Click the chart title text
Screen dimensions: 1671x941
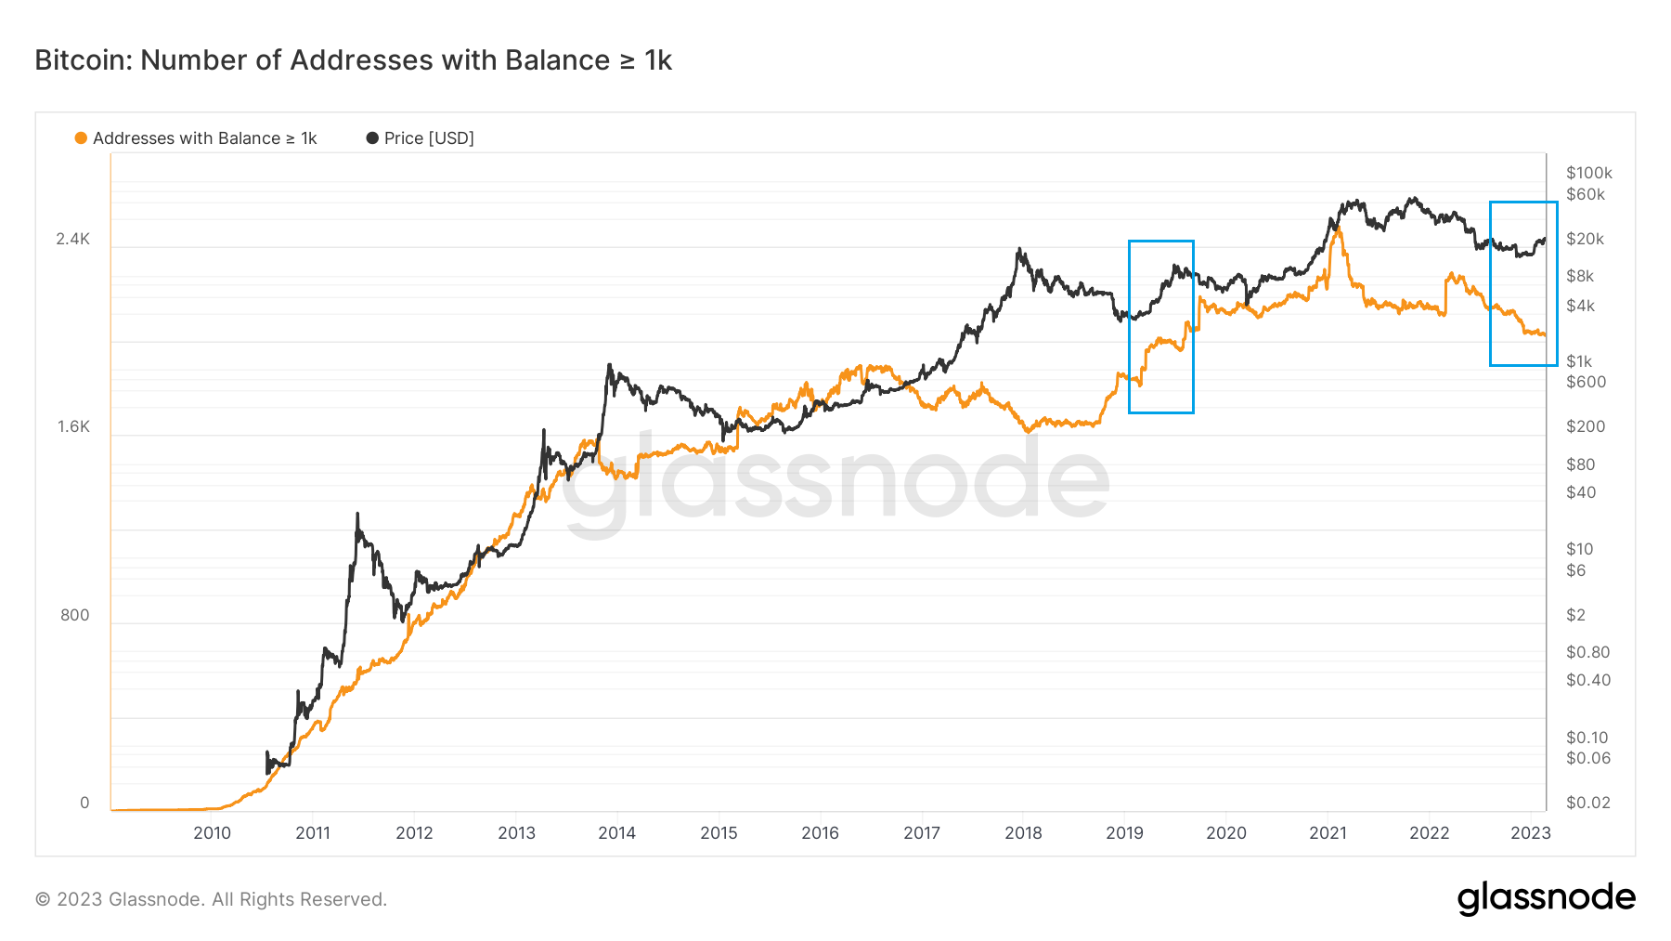coord(353,60)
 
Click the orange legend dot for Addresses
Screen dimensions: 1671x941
coord(81,138)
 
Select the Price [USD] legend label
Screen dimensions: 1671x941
coord(429,138)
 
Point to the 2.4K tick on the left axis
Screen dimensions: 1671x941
coord(73,239)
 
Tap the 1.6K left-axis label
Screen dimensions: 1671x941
coord(73,426)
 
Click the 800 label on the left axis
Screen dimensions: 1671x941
coord(75,615)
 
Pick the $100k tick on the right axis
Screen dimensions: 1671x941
coord(1589,173)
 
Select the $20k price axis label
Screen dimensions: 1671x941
coord(1586,239)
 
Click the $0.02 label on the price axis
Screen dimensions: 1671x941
coord(1588,803)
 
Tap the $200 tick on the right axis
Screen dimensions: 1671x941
coord(1586,426)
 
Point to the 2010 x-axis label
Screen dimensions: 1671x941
coord(212,833)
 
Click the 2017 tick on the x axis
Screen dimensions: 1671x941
coord(922,833)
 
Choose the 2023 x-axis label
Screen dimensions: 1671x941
coord(1531,833)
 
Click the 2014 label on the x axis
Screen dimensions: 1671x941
coord(617,833)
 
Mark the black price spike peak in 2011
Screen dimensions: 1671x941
coord(357,513)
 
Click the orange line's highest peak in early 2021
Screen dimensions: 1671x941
coord(1338,229)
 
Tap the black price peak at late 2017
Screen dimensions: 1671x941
coord(1019,249)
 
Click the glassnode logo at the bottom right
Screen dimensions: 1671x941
coord(1547,898)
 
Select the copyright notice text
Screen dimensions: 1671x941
coord(211,899)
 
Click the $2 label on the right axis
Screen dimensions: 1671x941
coord(1576,615)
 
